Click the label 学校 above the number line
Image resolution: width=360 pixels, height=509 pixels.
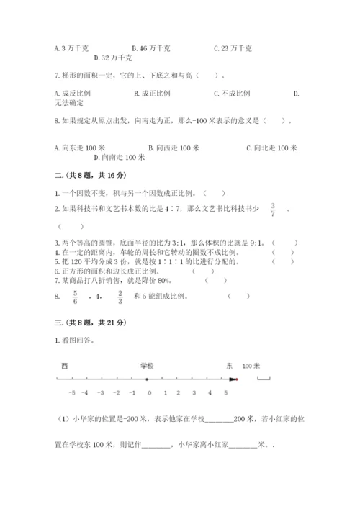(146, 366)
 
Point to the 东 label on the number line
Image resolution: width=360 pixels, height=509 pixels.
(229, 366)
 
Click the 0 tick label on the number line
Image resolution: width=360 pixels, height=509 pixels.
(149, 392)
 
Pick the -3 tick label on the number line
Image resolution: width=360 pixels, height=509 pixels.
(102, 392)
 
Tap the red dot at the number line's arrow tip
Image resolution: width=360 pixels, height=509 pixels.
(234, 379)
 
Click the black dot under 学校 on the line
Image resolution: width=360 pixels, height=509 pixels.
(147, 379)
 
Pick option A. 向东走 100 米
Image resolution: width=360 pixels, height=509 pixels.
(76, 148)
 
